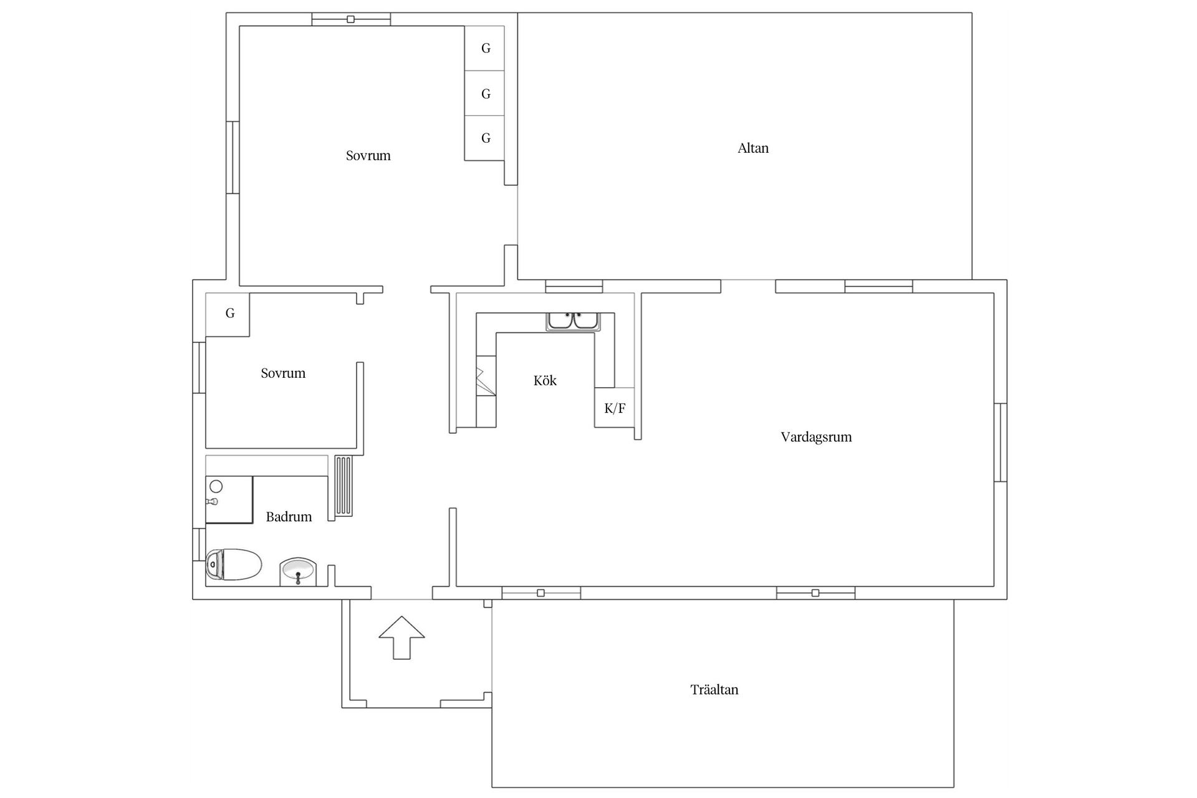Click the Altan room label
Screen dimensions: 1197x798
pyautogui.click(x=753, y=148)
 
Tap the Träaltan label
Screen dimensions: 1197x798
pyautogui.click(x=714, y=690)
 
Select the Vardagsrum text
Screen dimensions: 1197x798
pyautogui.click(x=816, y=437)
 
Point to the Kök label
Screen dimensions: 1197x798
pyautogui.click(x=545, y=380)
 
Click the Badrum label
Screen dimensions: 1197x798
pyautogui.click(x=289, y=516)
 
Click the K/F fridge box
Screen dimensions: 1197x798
pyautogui.click(x=615, y=408)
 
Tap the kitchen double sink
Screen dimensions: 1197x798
pyautogui.click(x=574, y=321)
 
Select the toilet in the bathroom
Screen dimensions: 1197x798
pyautogui.click(x=233, y=565)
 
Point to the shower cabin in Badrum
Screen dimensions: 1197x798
pyautogui.click(x=229, y=499)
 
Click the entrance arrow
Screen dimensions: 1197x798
pyautogui.click(x=402, y=637)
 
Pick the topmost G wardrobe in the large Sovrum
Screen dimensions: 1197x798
pyautogui.click(x=484, y=49)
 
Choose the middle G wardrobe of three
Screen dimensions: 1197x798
pyautogui.click(x=484, y=94)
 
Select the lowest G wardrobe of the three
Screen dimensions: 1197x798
pyautogui.click(x=484, y=138)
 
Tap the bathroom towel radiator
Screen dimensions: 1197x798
pyautogui.click(x=344, y=487)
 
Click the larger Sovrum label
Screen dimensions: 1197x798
pyautogui.click(x=368, y=156)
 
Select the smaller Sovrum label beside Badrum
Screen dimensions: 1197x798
pyautogui.click(x=283, y=373)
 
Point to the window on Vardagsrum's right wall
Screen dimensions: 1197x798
pyautogui.click(x=1000, y=443)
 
